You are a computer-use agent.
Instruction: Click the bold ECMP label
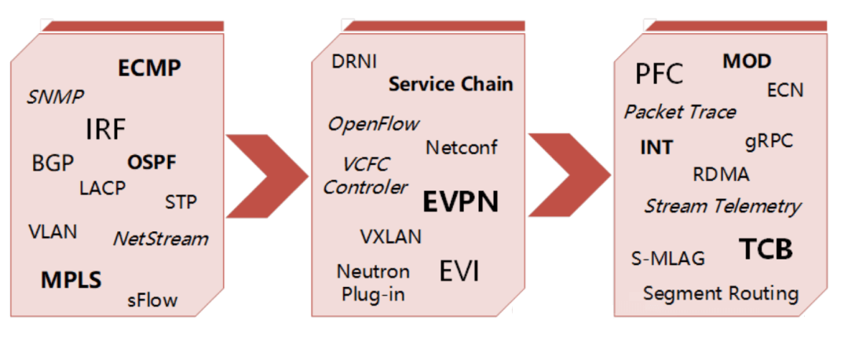pos(149,68)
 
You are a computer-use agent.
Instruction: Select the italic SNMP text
pos(55,97)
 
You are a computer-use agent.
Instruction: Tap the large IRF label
pos(105,129)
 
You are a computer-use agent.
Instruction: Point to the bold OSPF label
pos(152,162)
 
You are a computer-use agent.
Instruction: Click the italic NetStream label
pos(160,238)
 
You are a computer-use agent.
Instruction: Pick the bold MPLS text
pos(71,280)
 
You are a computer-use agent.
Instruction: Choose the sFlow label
pos(152,300)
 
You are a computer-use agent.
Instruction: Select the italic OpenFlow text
pos(373,124)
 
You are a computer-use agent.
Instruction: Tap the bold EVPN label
pos(459,201)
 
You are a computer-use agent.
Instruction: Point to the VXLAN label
pos(390,236)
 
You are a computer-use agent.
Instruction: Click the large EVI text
pos(459,271)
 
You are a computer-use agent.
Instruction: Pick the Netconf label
pos(462,147)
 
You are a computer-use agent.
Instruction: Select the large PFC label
pos(660,74)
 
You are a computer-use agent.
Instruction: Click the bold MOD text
pos(747,61)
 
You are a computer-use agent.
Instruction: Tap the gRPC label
pos(769,142)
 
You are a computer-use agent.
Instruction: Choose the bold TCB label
pos(766,249)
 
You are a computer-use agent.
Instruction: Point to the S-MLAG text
pos(668,259)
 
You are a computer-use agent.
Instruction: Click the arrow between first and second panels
pos(267,175)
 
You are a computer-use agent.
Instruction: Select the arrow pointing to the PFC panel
pos(569,175)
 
